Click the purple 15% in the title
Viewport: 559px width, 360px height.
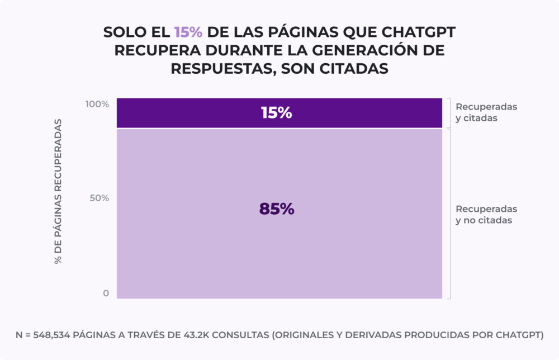click(x=188, y=32)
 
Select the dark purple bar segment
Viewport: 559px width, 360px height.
click(x=363, y=113)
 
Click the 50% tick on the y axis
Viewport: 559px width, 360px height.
click(x=100, y=198)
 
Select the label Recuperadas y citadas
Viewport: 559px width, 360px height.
click(x=486, y=112)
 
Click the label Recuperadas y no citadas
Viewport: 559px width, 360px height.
click(x=486, y=214)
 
